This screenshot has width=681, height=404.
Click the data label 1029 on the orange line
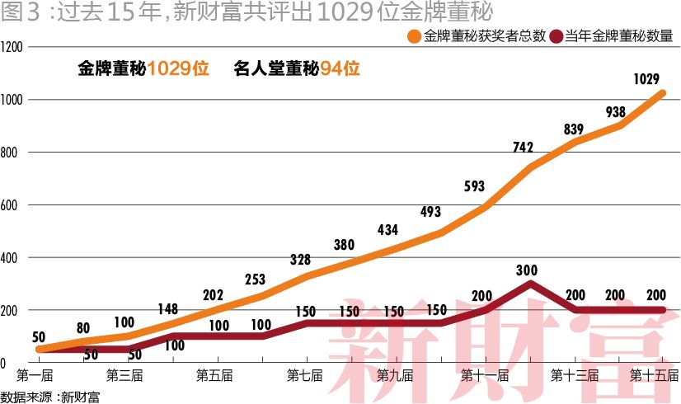(x=646, y=80)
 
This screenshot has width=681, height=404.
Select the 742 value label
(x=523, y=147)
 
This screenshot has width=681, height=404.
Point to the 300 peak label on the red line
(x=526, y=270)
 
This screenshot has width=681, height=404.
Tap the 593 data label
(x=474, y=186)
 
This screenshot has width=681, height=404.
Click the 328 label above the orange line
(x=301, y=260)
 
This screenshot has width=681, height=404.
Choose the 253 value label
(x=256, y=280)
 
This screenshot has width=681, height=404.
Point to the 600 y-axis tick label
(x=10, y=205)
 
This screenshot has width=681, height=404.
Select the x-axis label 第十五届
(x=655, y=376)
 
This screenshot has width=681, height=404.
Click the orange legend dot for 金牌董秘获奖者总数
(x=414, y=36)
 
